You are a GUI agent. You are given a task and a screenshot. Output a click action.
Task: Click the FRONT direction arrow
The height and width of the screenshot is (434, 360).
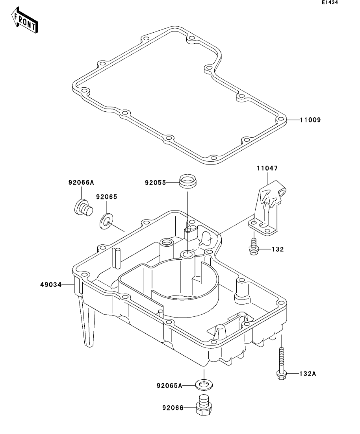[x=25, y=20]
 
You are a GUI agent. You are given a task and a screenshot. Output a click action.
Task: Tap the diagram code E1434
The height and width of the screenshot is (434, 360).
[x=330, y=2]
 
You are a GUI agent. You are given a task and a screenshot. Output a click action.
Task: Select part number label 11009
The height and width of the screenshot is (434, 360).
[x=310, y=120]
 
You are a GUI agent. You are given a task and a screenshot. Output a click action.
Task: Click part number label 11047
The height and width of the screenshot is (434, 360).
[x=267, y=168]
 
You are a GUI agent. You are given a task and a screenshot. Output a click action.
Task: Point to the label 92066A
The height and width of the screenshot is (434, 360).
[x=82, y=183]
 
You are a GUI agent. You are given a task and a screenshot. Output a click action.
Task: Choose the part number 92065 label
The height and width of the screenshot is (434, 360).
[x=107, y=197]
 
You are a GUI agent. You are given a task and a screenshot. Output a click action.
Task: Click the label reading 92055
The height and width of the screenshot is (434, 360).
[x=156, y=183]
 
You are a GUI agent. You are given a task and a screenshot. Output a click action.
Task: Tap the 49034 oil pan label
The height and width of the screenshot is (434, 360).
[x=51, y=284]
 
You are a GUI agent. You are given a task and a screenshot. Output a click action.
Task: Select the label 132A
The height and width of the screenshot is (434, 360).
[x=308, y=374]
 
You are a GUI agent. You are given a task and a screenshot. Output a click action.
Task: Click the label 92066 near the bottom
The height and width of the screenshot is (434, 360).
[x=173, y=408]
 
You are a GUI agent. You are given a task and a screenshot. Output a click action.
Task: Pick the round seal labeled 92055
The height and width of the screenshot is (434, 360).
[x=188, y=181]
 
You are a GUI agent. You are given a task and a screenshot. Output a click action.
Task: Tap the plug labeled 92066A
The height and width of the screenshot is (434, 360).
[x=84, y=208]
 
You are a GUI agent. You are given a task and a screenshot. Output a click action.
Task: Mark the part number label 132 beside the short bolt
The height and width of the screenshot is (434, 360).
[x=278, y=249]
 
